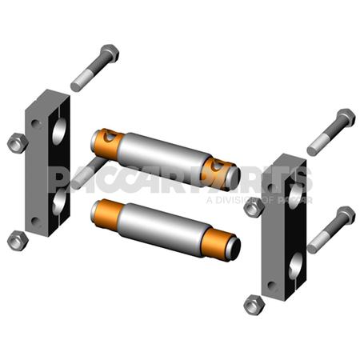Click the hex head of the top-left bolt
tap(109, 54)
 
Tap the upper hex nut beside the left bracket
tap(17, 143)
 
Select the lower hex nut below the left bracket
tap(16, 238)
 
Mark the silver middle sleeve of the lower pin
tap(164, 226)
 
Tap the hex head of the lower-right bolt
tap(345, 215)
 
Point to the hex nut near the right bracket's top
tap(254, 206)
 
